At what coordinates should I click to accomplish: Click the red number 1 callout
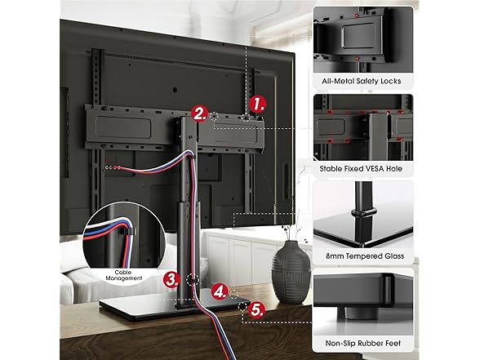click(x=259, y=104)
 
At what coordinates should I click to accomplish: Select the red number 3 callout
click(x=171, y=278)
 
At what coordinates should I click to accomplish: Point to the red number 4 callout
click(x=218, y=290)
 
